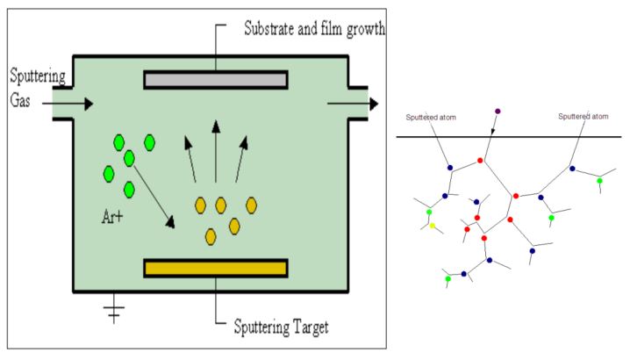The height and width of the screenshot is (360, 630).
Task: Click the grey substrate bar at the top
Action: click(216, 80)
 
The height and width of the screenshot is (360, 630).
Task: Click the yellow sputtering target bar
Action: click(216, 269)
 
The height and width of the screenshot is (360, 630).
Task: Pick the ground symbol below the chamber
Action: click(112, 310)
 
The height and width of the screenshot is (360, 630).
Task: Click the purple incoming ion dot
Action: click(498, 112)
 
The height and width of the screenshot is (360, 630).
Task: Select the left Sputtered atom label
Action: click(431, 117)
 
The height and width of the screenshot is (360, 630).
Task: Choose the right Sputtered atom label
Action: click(584, 116)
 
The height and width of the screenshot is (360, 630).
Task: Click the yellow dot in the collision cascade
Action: click(432, 226)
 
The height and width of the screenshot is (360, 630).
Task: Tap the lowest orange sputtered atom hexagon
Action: click(211, 236)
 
